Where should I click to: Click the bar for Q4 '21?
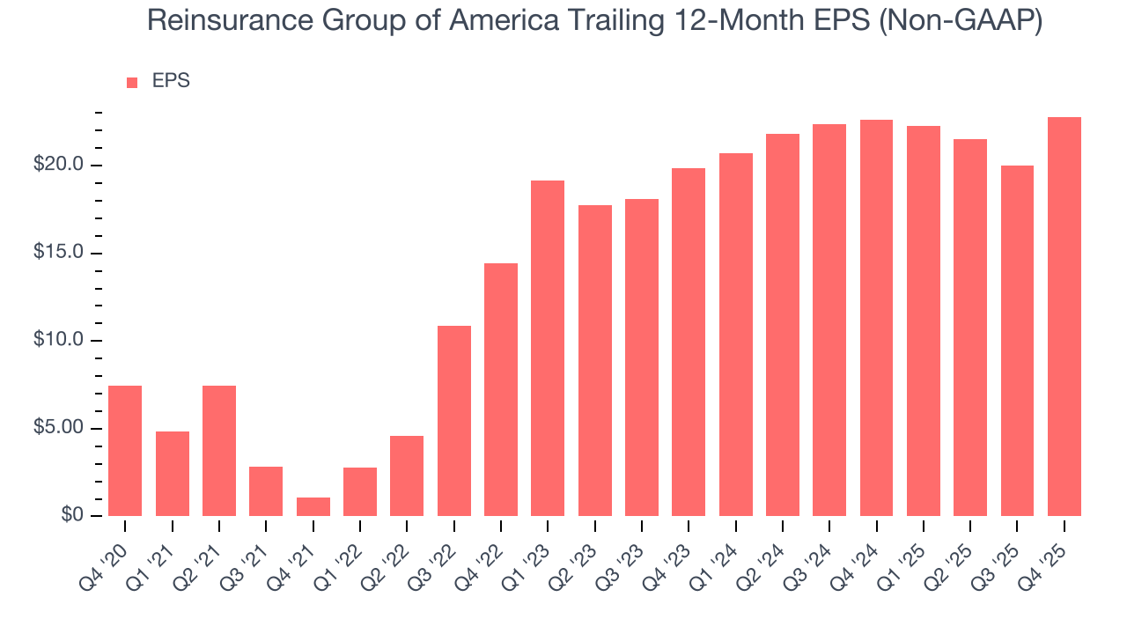pos(313,507)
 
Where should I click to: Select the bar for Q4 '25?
pos(1064,317)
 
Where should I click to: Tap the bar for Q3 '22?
pos(453,421)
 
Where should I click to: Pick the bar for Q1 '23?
pos(548,349)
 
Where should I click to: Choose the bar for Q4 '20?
pos(125,451)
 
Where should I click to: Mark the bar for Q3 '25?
pos(1017,341)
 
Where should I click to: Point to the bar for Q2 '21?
pos(219,451)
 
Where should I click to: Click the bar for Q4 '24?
pos(876,318)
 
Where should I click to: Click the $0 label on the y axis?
pos(71,516)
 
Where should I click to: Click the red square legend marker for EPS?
pos(132,82)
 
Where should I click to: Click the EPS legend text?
pos(171,81)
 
